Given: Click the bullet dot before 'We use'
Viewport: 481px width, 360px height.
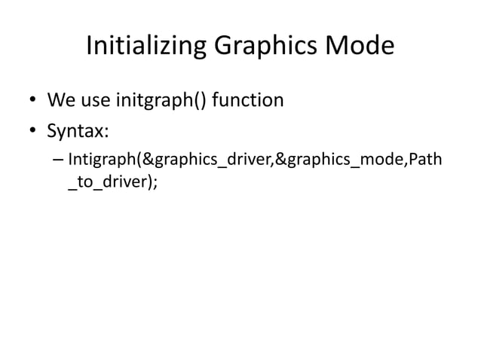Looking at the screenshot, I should tap(33, 102).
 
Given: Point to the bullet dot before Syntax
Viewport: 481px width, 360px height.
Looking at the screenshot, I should tap(33, 133).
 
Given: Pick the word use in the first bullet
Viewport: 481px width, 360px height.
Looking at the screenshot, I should tap(93, 100).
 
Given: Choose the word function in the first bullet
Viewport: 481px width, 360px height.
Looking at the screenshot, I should tap(248, 100).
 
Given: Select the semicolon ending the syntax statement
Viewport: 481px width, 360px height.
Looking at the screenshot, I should tap(156, 186).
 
